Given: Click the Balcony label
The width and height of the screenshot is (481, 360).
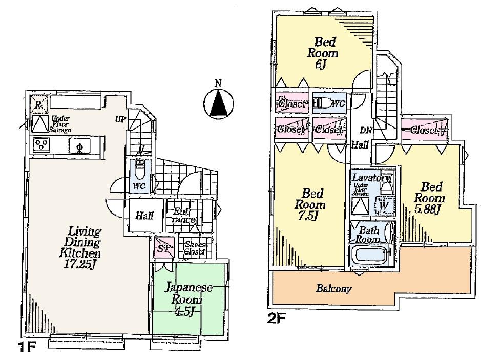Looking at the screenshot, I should tap(333, 289).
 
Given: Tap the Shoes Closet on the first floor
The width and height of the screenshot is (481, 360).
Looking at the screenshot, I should tap(195, 248).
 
